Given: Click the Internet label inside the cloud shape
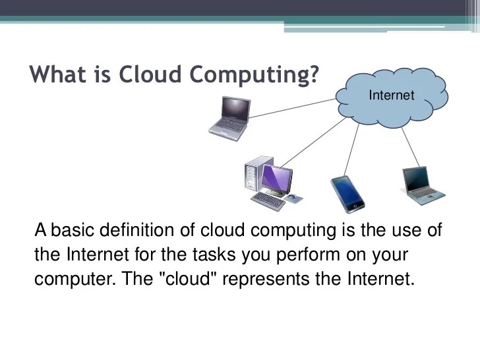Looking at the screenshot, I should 392,95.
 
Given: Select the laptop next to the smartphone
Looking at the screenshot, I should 423,185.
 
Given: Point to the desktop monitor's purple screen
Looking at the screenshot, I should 276,177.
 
